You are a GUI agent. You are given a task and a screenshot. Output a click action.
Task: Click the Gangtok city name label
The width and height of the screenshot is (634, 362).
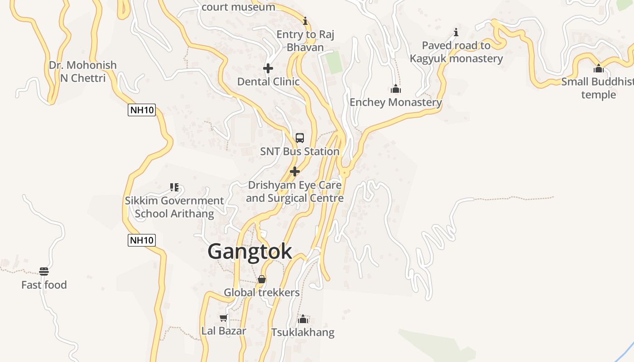[x=250, y=252]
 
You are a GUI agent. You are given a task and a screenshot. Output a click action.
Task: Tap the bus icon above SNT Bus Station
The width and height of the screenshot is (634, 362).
[x=299, y=138]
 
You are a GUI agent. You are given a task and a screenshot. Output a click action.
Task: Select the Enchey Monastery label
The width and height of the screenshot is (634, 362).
[x=395, y=102]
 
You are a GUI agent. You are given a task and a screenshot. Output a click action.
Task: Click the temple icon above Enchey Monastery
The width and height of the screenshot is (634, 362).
[x=396, y=89]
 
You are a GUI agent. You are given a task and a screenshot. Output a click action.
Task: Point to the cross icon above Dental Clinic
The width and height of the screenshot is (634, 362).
[x=268, y=68]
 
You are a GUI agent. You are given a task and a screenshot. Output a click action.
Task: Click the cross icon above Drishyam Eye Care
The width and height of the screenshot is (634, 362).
[x=295, y=171]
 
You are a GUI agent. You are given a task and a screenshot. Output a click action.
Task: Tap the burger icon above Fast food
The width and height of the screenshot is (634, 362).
[x=44, y=271]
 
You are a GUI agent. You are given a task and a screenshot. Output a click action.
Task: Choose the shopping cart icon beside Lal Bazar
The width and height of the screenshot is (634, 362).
[x=223, y=318]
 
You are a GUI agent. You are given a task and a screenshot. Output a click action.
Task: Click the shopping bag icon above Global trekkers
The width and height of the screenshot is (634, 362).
[x=262, y=279]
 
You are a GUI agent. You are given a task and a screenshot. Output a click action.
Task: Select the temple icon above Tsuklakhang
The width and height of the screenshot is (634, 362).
[x=303, y=319]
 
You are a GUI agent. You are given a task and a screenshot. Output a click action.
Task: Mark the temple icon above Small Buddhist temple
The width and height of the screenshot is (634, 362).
[x=599, y=69]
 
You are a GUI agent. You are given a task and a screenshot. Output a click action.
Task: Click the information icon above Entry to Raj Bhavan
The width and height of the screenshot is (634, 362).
[x=305, y=21]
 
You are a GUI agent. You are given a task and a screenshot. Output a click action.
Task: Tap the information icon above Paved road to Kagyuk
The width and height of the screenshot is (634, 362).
[x=456, y=32]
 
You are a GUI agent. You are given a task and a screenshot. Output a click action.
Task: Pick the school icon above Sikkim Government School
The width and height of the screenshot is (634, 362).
[x=174, y=187]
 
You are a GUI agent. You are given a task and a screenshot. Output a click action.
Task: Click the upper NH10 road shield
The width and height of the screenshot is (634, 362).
[x=142, y=110]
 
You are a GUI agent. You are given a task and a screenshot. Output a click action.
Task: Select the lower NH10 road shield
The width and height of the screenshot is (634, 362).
[x=142, y=240]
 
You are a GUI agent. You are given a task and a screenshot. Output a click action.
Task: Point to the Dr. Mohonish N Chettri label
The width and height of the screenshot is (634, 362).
[x=83, y=71]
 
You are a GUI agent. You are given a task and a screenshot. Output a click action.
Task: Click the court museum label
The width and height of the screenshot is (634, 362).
[x=238, y=7]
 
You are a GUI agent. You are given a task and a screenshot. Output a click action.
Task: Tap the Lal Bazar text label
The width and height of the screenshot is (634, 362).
[x=224, y=331]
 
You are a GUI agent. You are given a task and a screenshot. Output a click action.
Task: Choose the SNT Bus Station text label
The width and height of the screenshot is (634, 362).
[x=299, y=152]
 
